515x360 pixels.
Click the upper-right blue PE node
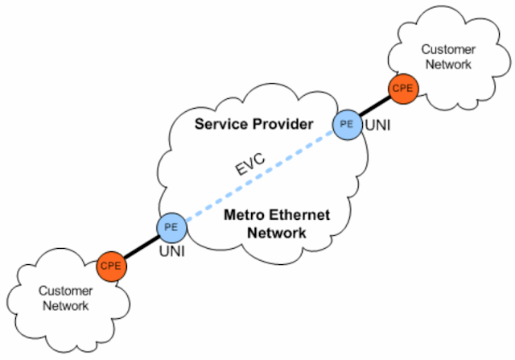348,124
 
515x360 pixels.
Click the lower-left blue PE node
171,227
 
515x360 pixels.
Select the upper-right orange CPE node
402,89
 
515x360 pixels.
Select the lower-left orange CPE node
111,264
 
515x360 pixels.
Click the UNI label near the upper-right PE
378,126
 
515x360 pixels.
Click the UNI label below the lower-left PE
171,253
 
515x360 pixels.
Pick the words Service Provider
253,125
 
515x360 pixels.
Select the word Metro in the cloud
241,215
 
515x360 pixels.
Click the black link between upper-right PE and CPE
376,106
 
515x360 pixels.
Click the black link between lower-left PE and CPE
141,246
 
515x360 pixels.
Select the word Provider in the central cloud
282,125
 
